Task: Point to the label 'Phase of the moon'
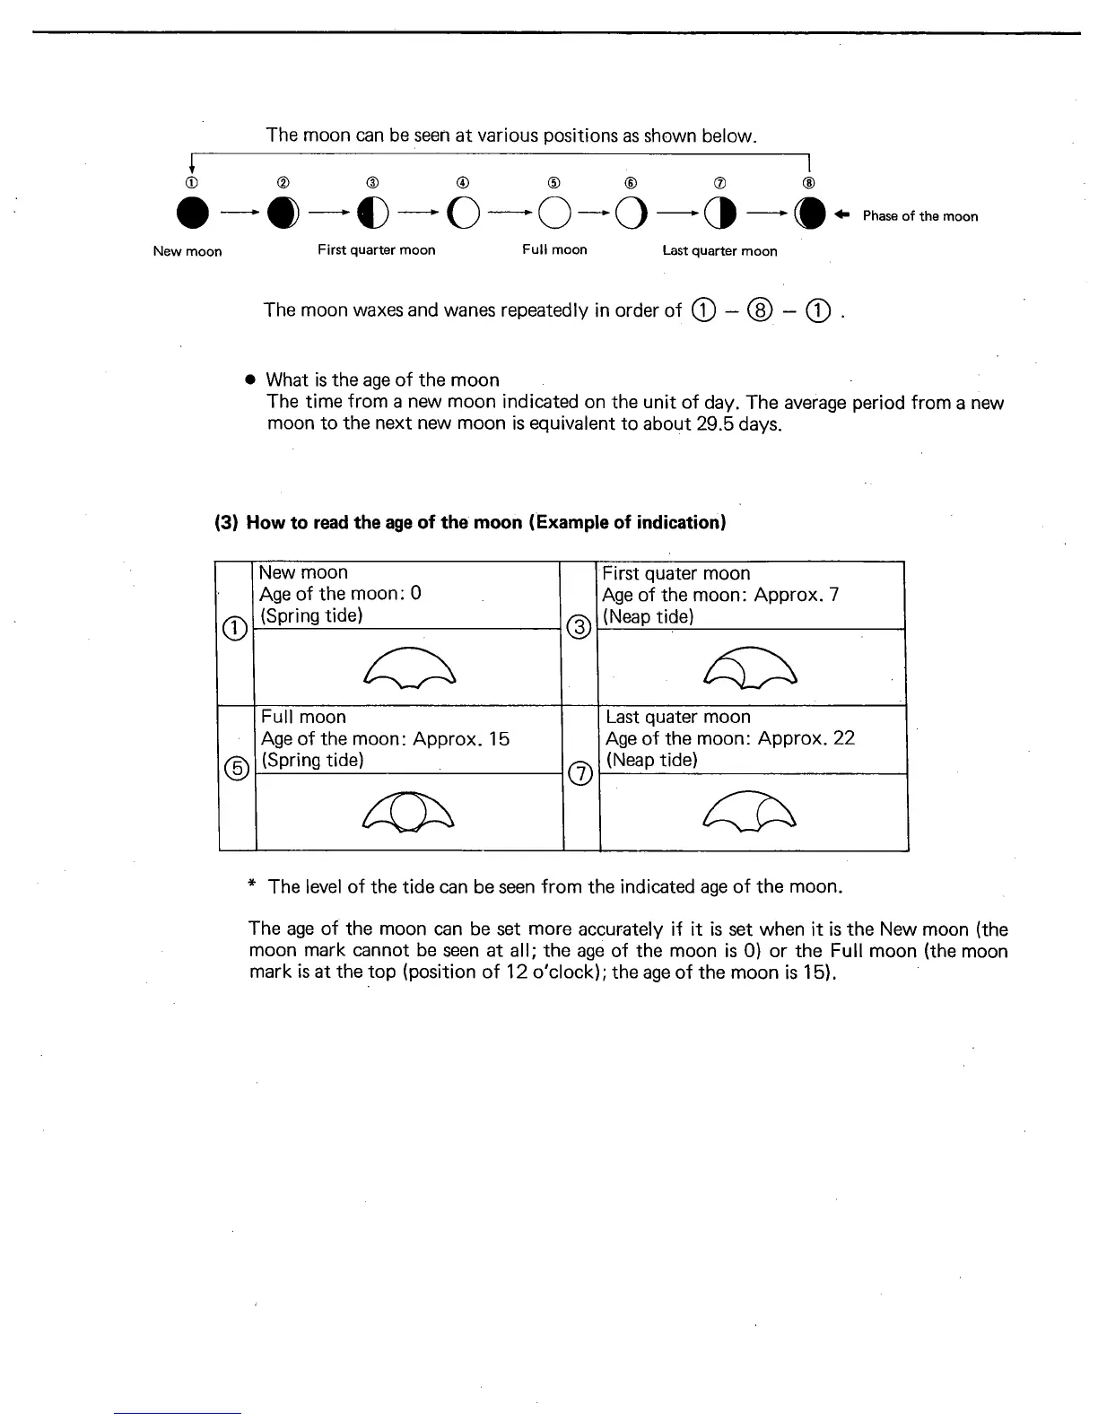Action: [919, 216]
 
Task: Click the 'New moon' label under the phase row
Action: [187, 251]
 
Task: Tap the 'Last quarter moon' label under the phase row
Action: [719, 251]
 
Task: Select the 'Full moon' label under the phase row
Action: [554, 249]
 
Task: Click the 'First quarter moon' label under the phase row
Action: [376, 250]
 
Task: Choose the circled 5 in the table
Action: [237, 769]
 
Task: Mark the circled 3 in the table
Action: [579, 627]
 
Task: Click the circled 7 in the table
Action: [581, 772]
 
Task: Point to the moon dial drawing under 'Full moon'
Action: [408, 812]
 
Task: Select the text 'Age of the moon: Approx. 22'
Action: [730, 738]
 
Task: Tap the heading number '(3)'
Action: [225, 522]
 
